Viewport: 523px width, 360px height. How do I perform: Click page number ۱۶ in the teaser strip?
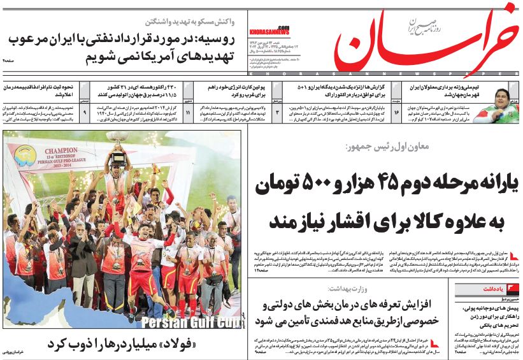tap(396, 112)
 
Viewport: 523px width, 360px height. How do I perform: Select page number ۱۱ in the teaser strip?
tap(188, 112)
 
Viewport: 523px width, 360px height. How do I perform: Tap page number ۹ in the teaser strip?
tap(85, 112)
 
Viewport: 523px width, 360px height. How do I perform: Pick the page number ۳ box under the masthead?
tap(277, 112)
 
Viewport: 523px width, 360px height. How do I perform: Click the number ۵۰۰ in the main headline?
tap(297, 184)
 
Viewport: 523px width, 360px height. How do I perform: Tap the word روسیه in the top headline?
tap(219, 40)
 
